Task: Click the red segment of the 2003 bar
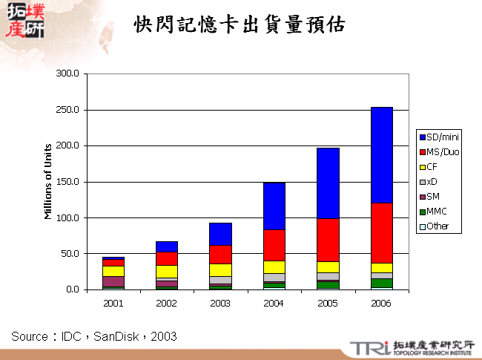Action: coord(220,254)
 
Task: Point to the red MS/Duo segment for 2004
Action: coord(274,245)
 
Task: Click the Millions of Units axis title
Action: coord(48,181)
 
